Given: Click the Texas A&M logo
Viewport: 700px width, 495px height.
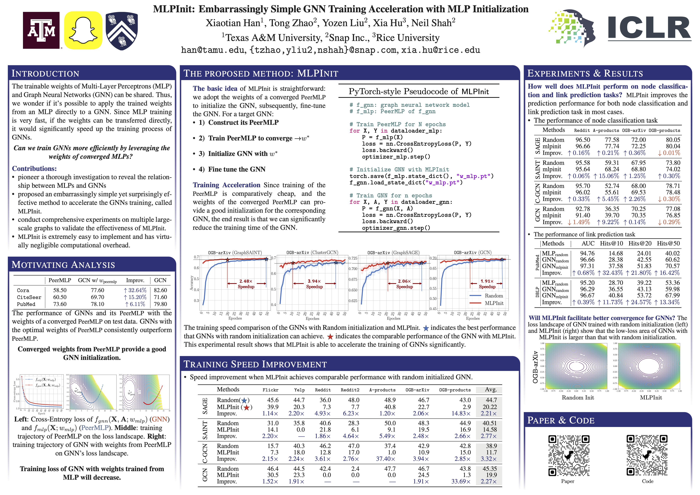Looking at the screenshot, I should tap(41, 30).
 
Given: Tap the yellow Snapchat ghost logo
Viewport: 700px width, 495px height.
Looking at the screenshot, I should tap(83, 30).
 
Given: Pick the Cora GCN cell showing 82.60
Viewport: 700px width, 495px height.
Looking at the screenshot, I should tap(160, 290).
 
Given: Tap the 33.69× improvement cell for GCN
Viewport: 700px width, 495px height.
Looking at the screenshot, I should tap(461, 482).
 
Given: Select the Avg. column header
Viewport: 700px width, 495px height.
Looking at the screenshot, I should tap(491, 389).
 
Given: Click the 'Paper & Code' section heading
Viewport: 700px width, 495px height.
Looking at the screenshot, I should tap(561, 420).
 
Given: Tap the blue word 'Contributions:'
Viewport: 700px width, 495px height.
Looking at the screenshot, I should tap(34, 169).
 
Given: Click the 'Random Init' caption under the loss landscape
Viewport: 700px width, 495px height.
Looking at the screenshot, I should tap(578, 397).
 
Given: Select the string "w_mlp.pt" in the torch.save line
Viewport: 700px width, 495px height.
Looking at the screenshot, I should tap(474, 176).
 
